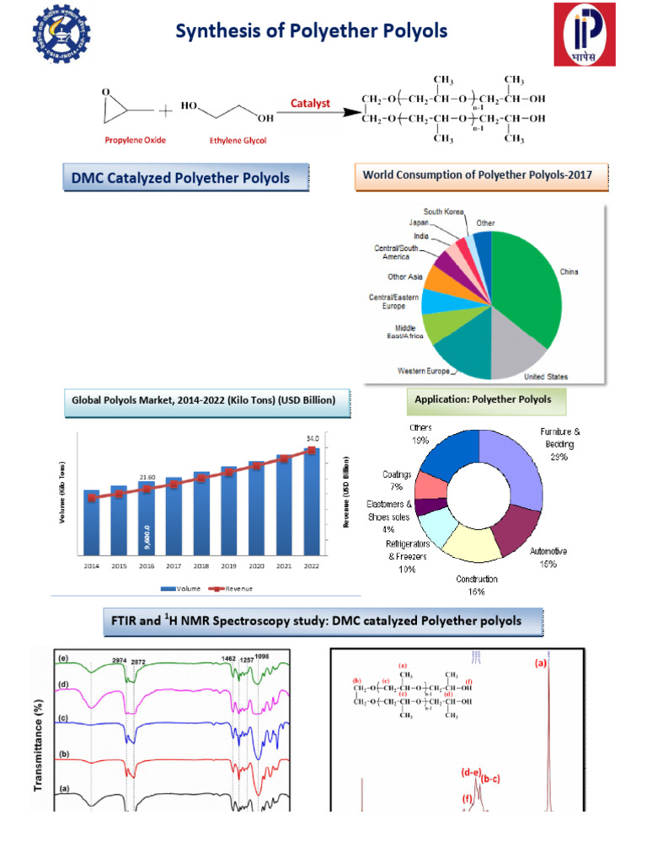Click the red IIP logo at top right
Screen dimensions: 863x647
click(590, 34)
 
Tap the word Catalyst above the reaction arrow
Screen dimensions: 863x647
click(311, 104)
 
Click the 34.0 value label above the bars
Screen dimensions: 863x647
click(313, 437)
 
